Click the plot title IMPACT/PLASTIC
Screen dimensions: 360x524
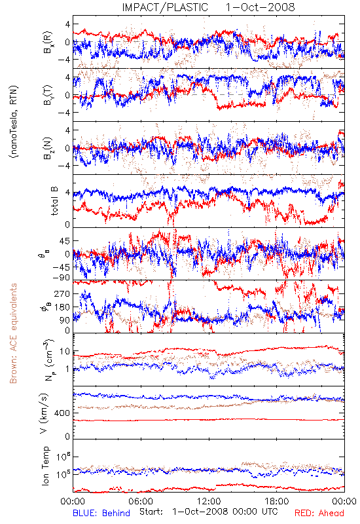click(x=165, y=7)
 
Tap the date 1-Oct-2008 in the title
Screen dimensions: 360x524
click(x=260, y=7)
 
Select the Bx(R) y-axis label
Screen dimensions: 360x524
click(x=47, y=42)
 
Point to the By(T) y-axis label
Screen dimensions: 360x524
click(x=47, y=95)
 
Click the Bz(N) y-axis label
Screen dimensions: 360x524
click(x=47, y=148)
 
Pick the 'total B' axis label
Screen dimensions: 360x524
click(x=54, y=201)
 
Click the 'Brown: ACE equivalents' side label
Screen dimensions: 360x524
click(x=13, y=333)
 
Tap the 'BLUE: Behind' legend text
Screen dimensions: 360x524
click(x=101, y=513)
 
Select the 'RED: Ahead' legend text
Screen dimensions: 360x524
click(x=319, y=513)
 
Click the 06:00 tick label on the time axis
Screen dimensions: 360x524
click(x=141, y=501)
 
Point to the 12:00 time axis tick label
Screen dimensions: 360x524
click(x=209, y=501)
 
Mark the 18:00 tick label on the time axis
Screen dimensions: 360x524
click(x=277, y=501)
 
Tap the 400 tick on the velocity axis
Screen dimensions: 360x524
click(x=62, y=413)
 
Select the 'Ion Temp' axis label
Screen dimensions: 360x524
click(x=45, y=466)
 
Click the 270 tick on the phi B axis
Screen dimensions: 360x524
click(x=62, y=293)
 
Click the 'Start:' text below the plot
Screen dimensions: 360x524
click(x=151, y=512)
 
